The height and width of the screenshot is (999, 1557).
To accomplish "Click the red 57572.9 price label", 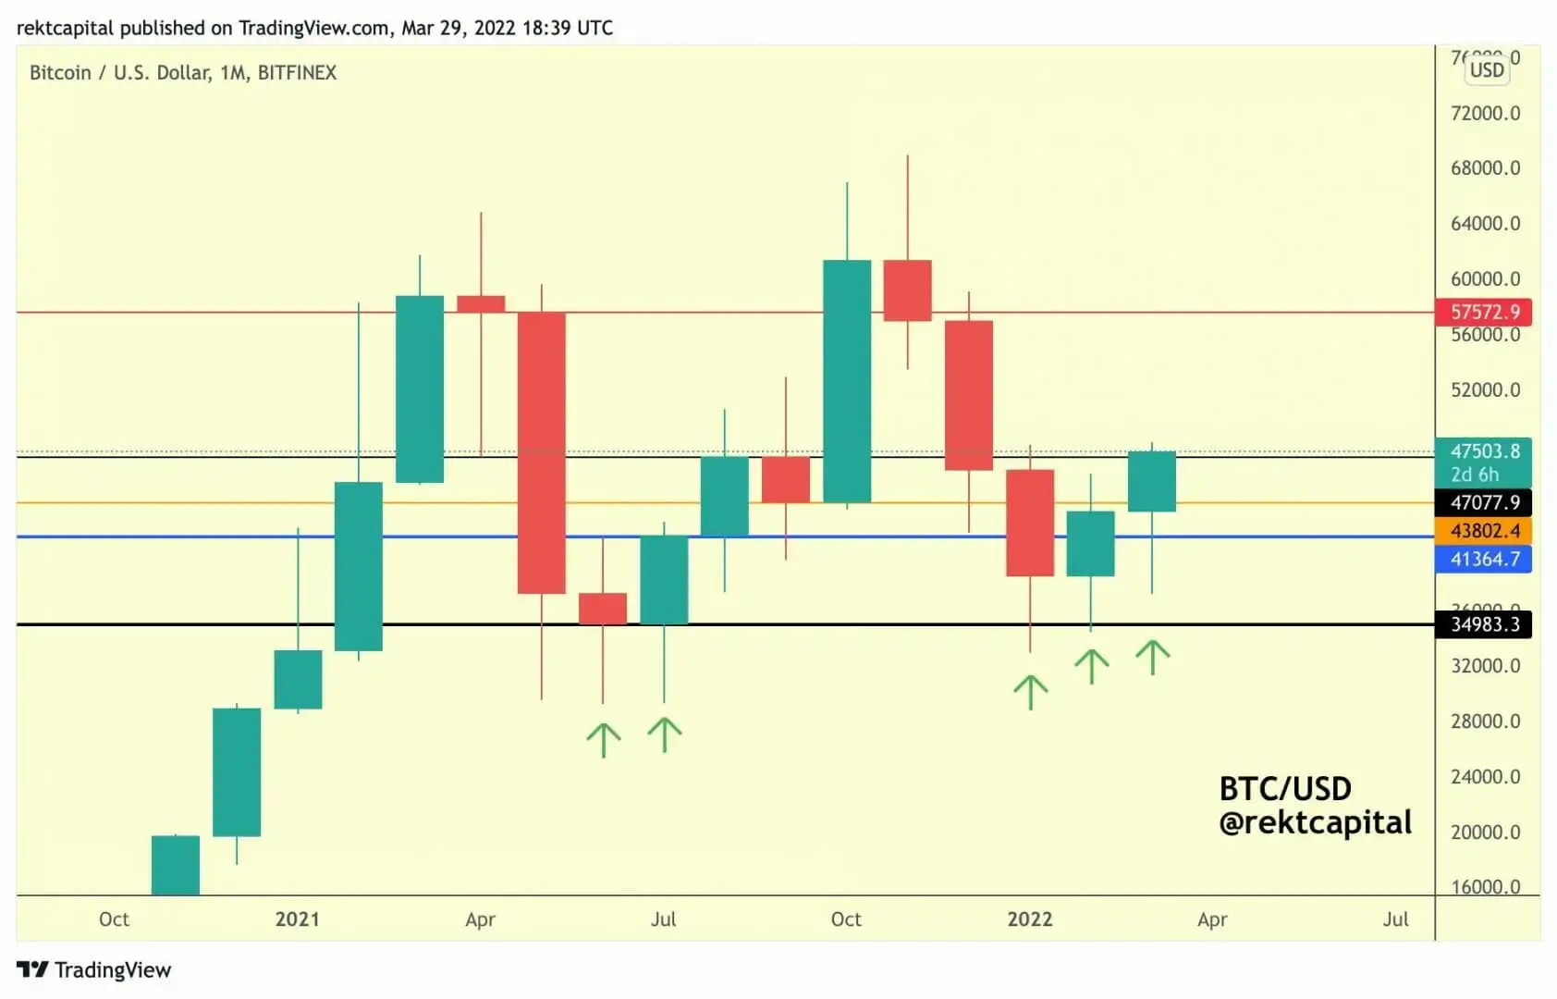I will pos(1483,312).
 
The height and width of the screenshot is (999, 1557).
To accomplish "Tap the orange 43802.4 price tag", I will pos(1483,531).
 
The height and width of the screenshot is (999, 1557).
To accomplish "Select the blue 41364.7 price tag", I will pos(1483,559).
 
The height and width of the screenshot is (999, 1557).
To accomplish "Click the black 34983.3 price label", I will pos(1483,624).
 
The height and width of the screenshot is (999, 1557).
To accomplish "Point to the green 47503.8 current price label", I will pos(1483,452).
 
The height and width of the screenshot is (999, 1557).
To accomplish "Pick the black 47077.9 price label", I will pos(1483,502).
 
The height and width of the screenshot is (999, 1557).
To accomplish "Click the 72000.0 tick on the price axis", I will pos(1485,113).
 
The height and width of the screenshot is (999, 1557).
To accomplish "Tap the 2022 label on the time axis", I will pos(1029,919).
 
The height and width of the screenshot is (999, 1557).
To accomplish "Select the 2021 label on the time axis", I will pos(297,919).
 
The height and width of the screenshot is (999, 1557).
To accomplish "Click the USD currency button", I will pos(1487,69).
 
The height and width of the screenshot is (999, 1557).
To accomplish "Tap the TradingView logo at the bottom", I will pos(94,969).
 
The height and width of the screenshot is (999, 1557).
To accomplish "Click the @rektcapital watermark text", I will pos(1315,822).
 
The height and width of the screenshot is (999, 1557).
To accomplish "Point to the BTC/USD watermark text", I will pos(1285,788).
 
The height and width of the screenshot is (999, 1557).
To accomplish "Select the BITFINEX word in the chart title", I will pos(297,72).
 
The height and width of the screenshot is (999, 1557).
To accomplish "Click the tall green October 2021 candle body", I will pos(847,381).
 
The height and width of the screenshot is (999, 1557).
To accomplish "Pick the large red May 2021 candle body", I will pos(541,452).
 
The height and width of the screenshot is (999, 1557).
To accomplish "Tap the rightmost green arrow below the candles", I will pos(1152,657).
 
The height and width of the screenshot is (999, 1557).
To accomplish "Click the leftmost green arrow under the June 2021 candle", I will pos(604,739).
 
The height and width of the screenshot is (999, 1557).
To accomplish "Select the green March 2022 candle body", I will pos(1151,481).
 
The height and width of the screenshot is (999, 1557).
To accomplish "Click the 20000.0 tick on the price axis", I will pos(1485,832).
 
